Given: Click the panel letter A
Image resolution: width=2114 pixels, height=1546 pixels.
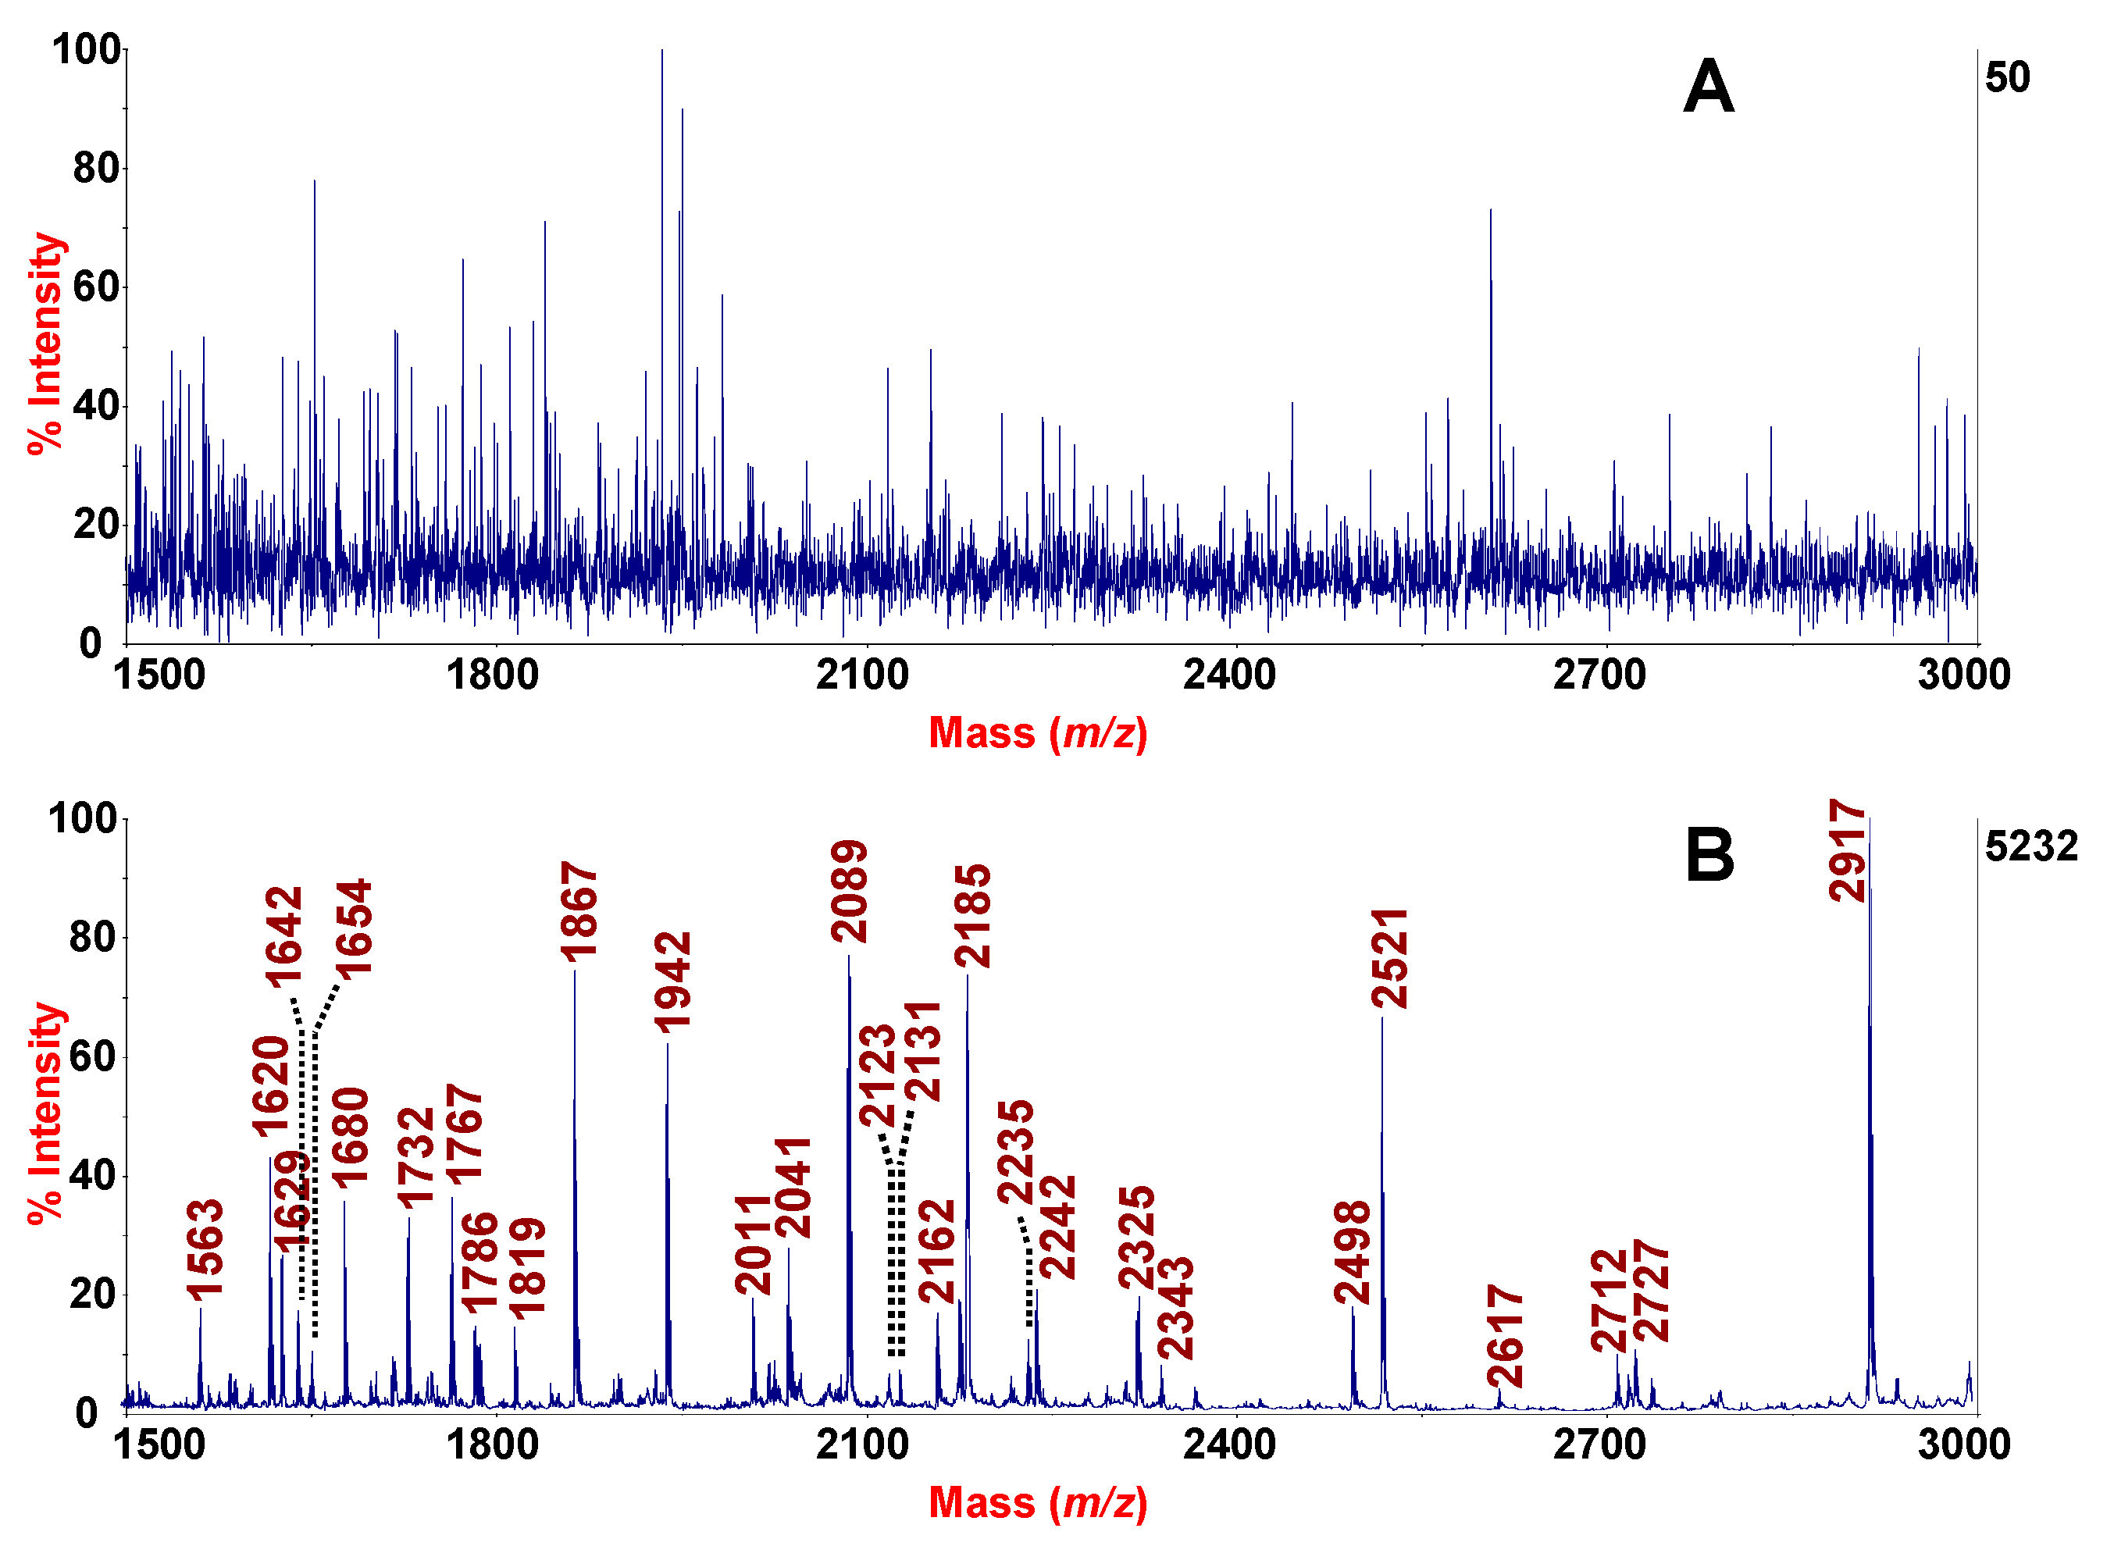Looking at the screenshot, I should pyautogui.click(x=1708, y=87).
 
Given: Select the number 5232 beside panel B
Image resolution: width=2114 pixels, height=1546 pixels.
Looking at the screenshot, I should pyautogui.click(x=2030, y=846).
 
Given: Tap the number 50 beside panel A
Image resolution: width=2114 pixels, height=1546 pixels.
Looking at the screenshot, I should pyautogui.click(x=2007, y=77).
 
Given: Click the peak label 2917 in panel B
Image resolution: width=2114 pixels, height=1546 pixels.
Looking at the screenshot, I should pyautogui.click(x=1846, y=850).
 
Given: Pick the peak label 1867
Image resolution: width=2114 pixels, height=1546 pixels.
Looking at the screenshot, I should pyautogui.click(x=579, y=913).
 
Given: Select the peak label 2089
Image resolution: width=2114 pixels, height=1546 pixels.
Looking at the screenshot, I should pyautogui.click(x=849, y=892).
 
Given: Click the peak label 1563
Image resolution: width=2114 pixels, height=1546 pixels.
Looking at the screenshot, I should pyautogui.click(x=205, y=1250).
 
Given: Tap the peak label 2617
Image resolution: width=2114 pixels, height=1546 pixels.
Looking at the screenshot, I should pyautogui.click(x=1505, y=1337).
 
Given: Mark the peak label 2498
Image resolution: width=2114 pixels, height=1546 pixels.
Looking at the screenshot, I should pyautogui.click(x=1351, y=1252).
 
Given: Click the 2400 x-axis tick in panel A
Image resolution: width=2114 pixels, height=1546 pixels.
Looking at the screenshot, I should pyautogui.click(x=1228, y=675).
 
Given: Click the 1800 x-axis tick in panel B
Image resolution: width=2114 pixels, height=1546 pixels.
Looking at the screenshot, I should pyautogui.click(x=492, y=1444).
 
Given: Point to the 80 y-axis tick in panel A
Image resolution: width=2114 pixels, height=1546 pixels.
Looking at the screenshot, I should pyautogui.click(x=96, y=169).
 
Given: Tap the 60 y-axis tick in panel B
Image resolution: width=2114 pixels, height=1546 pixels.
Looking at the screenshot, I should pyautogui.click(x=93, y=1057).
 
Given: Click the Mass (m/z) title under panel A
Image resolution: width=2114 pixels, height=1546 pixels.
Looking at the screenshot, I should pyautogui.click(x=1037, y=732).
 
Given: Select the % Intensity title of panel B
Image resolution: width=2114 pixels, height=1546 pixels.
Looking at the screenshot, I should pyautogui.click(x=45, y=1113).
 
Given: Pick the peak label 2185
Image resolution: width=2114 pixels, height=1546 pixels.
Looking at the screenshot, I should pyautogui.click(x=972, y=915).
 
